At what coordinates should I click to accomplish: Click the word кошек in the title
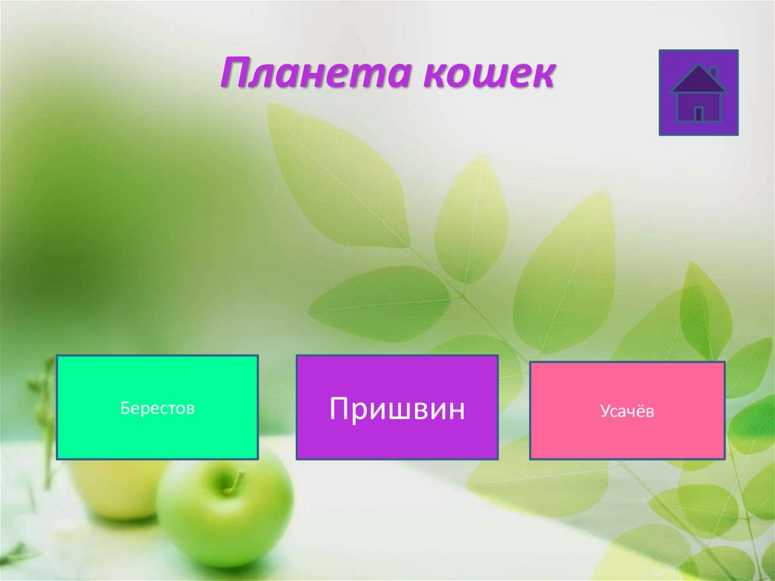pyautogui.click(x=487, y=76)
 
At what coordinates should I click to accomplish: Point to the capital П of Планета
pyautogui.click(x=238, y=76)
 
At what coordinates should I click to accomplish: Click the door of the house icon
pyautogui.click(x=699, y=114)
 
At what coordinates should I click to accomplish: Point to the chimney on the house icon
pyautogui.click(x=713, y=73)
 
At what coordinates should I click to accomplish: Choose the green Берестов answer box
pyautogui.click(x=157, y=408)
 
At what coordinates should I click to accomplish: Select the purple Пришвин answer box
pyautogui.click(x=397, y=408)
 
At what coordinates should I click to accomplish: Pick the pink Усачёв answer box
pyautogui.click(x=627, y=411)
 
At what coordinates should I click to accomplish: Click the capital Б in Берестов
pyautogui.click(x=124, y=408)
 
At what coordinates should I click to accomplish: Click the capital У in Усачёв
pyautogui.click(x=605, y=411)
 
